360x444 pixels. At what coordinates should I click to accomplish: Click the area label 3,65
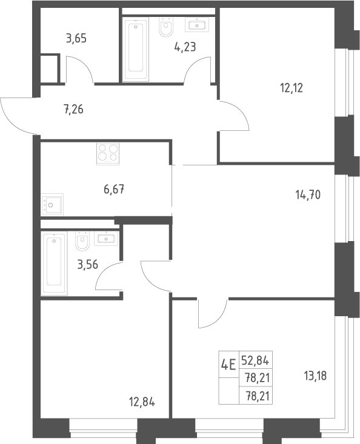click(76, 38)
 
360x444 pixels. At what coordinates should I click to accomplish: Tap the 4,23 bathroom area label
click(185, 47)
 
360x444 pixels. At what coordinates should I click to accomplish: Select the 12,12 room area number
click(292, 88)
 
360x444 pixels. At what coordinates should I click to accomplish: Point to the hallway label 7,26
click(74, 109)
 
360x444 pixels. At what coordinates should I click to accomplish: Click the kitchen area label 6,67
click(114, 189)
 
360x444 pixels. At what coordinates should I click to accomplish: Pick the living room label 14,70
click(308, 195)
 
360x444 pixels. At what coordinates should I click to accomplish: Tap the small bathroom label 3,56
click(87, 265)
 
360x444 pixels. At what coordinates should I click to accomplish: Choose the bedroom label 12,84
click(142, 402)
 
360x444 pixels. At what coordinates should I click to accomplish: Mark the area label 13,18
click(315, 376)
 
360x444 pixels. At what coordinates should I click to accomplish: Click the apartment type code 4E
click(228, 365)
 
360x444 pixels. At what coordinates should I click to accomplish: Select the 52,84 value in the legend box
click(255, 360)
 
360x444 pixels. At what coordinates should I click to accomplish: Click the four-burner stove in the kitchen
click(108, 154)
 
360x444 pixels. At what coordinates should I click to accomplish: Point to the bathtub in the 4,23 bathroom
click(135, 48)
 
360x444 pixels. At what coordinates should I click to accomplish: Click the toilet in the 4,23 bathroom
click(166, 27)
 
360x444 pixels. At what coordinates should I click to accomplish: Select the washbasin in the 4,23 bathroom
click(197, 25)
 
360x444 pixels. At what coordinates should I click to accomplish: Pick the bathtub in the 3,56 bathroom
click(54, 263)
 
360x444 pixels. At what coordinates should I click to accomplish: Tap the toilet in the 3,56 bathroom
click(82, 241)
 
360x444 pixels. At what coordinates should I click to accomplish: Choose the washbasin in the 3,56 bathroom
click(106, 239)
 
